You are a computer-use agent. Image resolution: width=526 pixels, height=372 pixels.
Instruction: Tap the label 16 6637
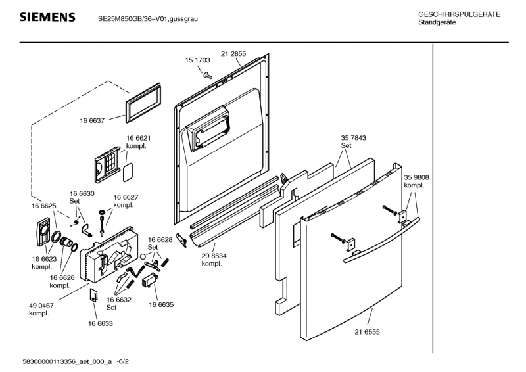(93, 120)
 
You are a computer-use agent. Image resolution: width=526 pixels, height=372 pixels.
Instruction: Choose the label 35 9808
(416, 177)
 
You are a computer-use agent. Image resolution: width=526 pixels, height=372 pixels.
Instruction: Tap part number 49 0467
(41, 306)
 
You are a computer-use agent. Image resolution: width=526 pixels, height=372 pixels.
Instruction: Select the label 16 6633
(100, 323)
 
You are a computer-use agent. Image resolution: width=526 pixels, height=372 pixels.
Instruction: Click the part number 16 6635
(161, 305)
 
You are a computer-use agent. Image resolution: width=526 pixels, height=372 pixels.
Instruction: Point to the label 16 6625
(44, 206)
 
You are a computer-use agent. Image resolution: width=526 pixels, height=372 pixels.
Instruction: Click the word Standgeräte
(437, 23)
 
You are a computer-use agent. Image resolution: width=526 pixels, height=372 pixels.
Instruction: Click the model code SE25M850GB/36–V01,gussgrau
(147, 18)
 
